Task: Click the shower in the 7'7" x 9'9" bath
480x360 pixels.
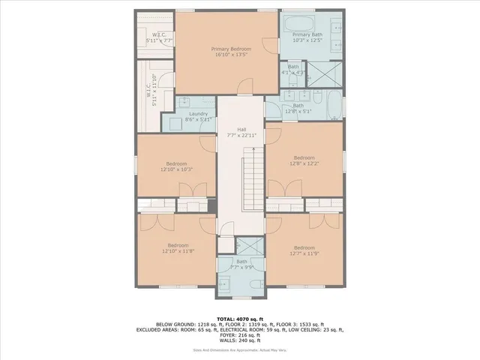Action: [253, 246]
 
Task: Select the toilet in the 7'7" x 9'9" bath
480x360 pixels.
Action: [253, 283]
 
